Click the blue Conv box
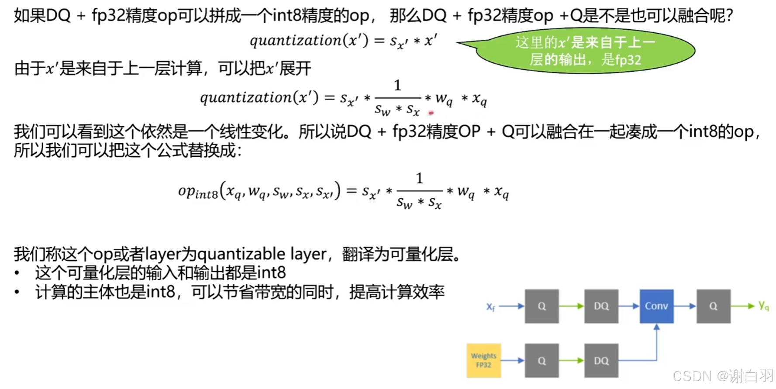point(656,306)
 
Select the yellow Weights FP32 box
point(483,360)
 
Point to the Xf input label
point(491,307)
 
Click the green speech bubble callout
point(585,51)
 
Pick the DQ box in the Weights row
point(601,361)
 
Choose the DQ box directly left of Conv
point(601,306)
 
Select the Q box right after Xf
point(541,306)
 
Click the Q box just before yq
point(713,306)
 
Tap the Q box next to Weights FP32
point(541,361)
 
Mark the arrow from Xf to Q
point(511,306)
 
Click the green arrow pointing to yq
point(743,306)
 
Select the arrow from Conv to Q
point(685,306)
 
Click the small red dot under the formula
point(431,113)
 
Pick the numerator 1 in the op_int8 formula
point(419,178)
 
